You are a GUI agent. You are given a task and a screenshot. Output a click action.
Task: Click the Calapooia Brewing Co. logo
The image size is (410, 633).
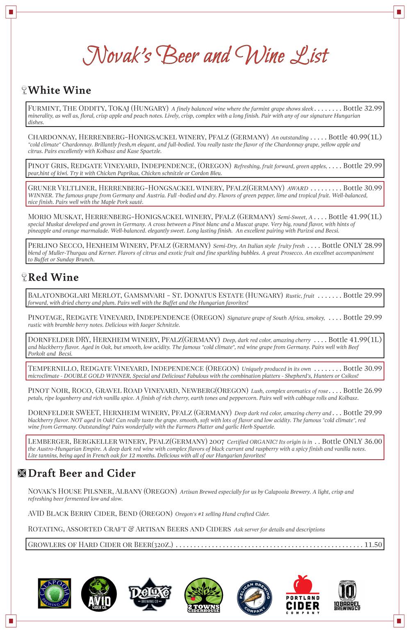pyautogui.click(x=55, y=593)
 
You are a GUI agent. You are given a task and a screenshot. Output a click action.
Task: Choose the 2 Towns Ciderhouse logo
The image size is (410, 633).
pyautogui.click(x=203, y=595)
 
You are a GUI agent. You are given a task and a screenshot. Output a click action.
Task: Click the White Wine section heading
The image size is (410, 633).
pyautogui.click(x=59, y=90)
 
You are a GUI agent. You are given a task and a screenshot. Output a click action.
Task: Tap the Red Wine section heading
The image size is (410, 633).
pyautogui.click(x=53, y=277)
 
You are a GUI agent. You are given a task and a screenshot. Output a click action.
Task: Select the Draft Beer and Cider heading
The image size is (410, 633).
pyautogui.click(x=82, y=473)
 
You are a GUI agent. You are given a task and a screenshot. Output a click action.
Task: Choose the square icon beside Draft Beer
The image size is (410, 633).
pyautogui.click(x=22, y=474)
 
